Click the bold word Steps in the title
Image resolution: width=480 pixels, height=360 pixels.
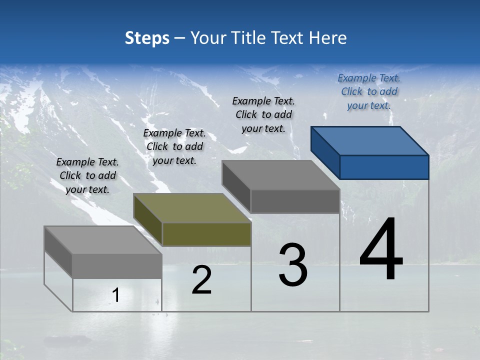pyautogui.click(x=147, y=38)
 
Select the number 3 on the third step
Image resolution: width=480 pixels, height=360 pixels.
pyautogui.click(x=293, y=265)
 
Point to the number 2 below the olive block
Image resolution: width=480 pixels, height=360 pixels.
pyautogui.click(x=201, y=280)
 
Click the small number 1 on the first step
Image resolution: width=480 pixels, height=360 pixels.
pyautogui.click(x=115, y=295)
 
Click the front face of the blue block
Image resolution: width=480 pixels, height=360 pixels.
pyautogui.click(x=384, y=167)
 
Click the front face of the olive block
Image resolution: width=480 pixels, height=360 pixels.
pyautogui.click(x=206, y=234)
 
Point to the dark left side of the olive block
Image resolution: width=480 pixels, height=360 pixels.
pyautogui.click(x=148, y=220)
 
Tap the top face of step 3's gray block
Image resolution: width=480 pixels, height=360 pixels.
pyautogui.click(x=280, y=175)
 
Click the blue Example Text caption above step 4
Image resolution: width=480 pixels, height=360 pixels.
pyautogui.click(x=369, y=91)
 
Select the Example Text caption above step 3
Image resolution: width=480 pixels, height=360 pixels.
pyautogui.click(x=263, y=114)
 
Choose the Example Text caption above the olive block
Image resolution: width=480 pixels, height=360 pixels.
pyautogui.click(x=174, y=146)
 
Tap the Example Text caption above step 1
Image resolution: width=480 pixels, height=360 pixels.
pyautogui.click(x=87, y=175)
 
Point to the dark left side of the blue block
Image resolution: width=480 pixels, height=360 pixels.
pyautogui.click(x=325, y=152)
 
